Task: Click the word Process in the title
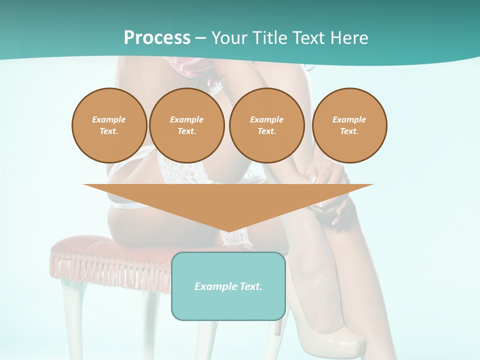(157, 38)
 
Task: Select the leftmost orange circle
(109, 125)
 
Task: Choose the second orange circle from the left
(186, 125)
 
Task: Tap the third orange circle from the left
(266, 125)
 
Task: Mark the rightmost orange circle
(349, 125)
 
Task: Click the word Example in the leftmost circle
(109, 119)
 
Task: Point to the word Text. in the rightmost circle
(349, 131)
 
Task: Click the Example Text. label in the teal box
(228, 286)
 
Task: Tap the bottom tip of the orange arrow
(228, 231)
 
